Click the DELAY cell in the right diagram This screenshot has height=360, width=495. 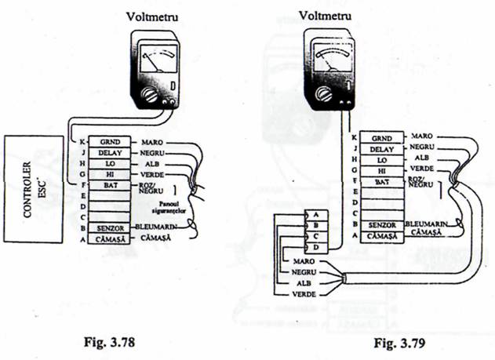coord(380,147)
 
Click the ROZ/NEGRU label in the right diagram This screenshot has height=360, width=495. coord(421,183)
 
